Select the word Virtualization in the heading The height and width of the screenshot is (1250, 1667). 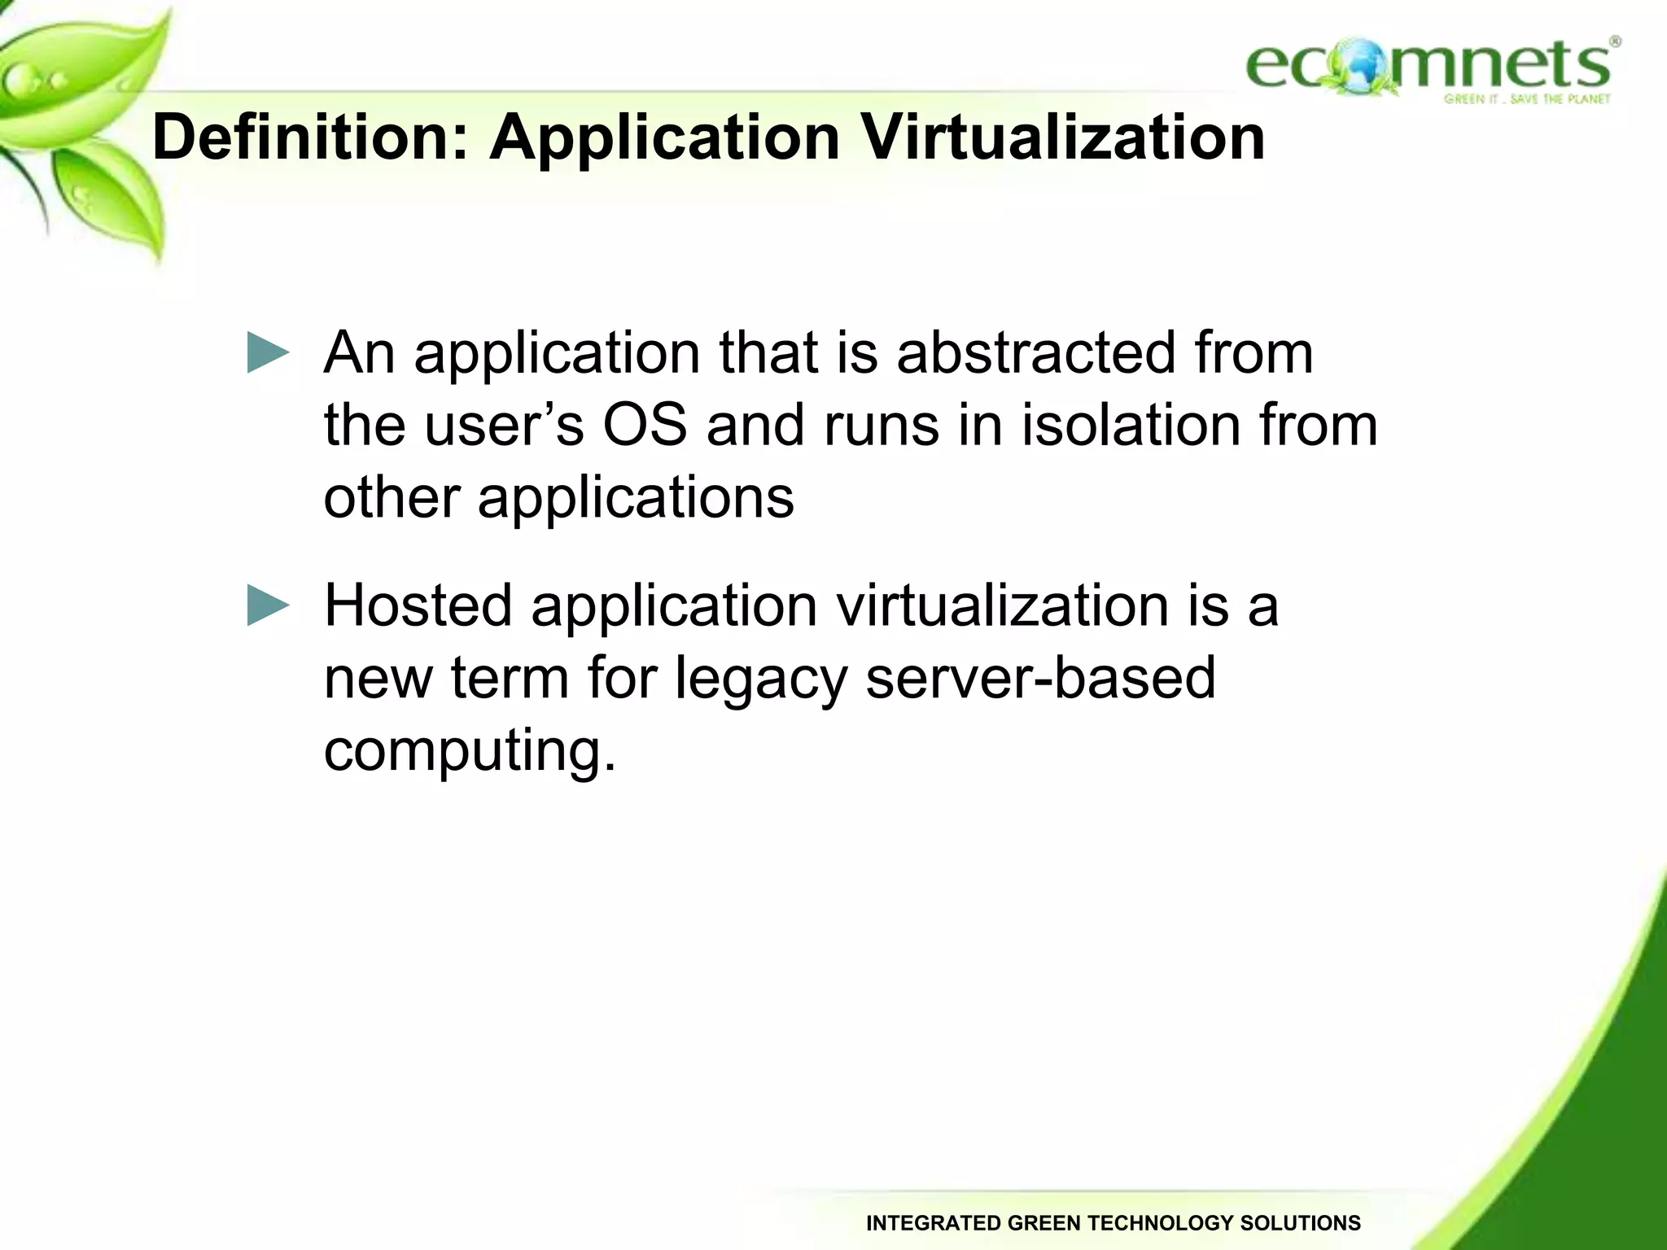(x=1063, y=137)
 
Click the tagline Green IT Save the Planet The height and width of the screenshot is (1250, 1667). (x=1527, y=99)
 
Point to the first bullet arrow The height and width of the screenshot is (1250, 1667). (x=268, y=353)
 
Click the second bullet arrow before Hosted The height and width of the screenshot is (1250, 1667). (x=268, y=605)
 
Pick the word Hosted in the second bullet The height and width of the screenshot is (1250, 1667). (x=418, y=605)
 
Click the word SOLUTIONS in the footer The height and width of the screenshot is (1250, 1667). (x=1299, y=1223)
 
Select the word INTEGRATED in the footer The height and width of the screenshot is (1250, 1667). (x=933, y=1223)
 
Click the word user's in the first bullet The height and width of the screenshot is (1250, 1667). (x=503, y=425)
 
